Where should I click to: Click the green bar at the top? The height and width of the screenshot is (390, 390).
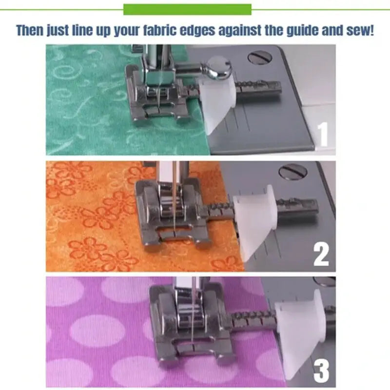click(x=187, y=9)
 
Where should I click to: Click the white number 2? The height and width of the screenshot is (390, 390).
click(x=321, y=254)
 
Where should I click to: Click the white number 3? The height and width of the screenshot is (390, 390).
click(x=321, y=371)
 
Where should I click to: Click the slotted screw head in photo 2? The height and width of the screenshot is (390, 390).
click(x=293, y=172)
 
